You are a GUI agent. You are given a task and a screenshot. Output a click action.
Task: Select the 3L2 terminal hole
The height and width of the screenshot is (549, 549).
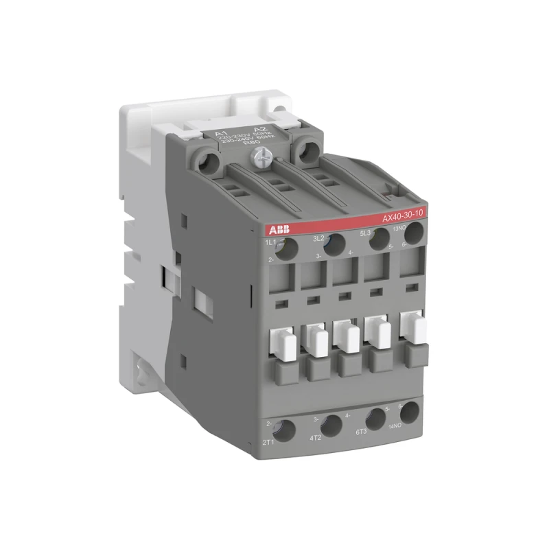point(334,245)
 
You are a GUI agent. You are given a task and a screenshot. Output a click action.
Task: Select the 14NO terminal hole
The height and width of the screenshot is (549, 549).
point(409,413)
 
